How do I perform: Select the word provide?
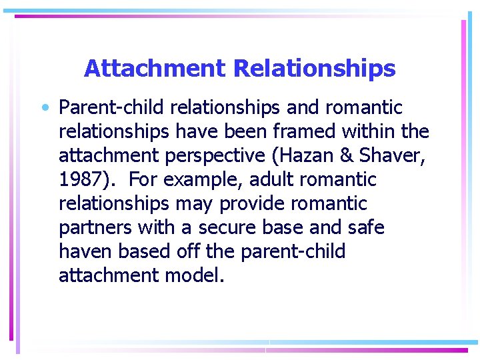coord(254,204)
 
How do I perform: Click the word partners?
coord(95,228)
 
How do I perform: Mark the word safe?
coord(365,228)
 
